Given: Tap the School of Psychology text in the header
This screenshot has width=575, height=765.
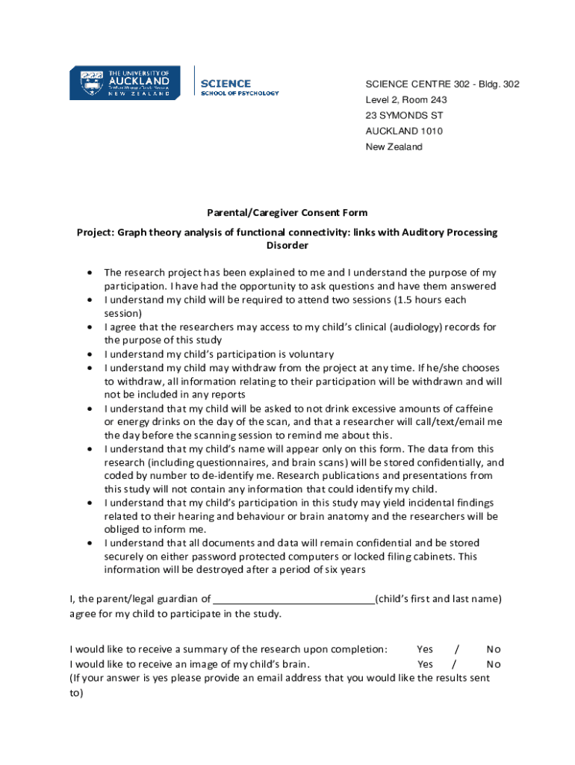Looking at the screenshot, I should coord(239,93).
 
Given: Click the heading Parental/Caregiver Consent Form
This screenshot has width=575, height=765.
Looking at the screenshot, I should coord(287,213).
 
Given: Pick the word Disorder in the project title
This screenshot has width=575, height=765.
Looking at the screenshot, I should coord(287,246).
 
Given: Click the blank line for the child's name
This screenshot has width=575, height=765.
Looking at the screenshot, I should coord(293,599).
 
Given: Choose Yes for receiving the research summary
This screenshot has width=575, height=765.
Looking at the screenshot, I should coord(425,649).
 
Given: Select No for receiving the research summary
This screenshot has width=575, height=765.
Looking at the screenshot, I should coord(494,649).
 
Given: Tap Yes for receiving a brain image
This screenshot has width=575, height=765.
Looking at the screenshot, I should coord(425,664).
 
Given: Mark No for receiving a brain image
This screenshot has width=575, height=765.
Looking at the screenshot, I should coord(494,664).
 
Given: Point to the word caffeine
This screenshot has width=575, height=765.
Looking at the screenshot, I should coord(472,409).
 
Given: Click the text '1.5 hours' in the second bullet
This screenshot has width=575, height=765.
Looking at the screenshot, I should coord(417,300).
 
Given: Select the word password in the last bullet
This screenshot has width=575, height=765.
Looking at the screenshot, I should coord(193,557).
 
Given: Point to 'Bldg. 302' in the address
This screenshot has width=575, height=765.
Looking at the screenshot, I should coord(497,84).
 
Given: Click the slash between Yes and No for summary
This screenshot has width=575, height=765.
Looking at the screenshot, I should coord(457,649).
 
